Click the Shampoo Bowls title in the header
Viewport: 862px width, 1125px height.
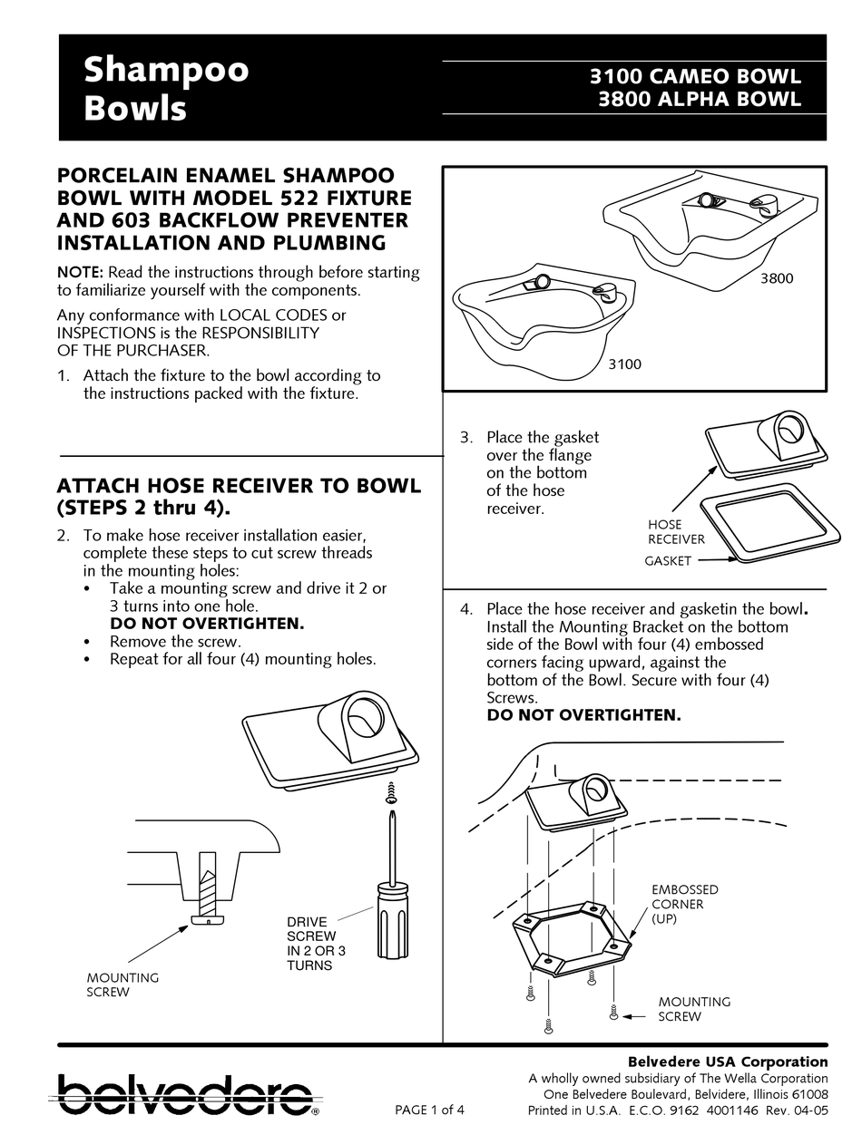pyautogui.click(x=165, y=89)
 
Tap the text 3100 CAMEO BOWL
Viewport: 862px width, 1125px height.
pyautogui.click(x=696, y=77)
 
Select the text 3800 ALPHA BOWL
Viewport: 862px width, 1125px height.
pyautogui.click(x=700, y=100)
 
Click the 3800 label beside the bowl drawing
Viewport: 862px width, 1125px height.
pyautogui.click(x=776, y=278)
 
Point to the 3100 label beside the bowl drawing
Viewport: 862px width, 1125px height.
pyautogui.click(x=624, y=364)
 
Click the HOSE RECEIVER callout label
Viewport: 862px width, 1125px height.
pyautogui.click(x=675, y=532)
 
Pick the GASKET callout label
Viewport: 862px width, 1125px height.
pyautogui.click(x=668, y=561)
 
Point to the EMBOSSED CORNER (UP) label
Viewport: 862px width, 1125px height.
pyautogui.click(x=684, y=904)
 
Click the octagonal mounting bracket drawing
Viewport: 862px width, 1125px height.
pyautogui.click(x=573, y=939)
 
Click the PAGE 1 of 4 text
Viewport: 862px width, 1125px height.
pyautogui.click(x=430, y=1110)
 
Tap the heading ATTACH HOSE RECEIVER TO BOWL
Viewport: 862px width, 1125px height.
pyautogui.click(x=239, y=485)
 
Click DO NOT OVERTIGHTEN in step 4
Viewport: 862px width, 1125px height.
pyautogui.click(x=583, y=715)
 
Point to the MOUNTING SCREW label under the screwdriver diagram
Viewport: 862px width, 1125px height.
pyautogui.click(x=122, y=984)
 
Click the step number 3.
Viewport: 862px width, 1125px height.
pyautogui.click(x=465, y=437)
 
